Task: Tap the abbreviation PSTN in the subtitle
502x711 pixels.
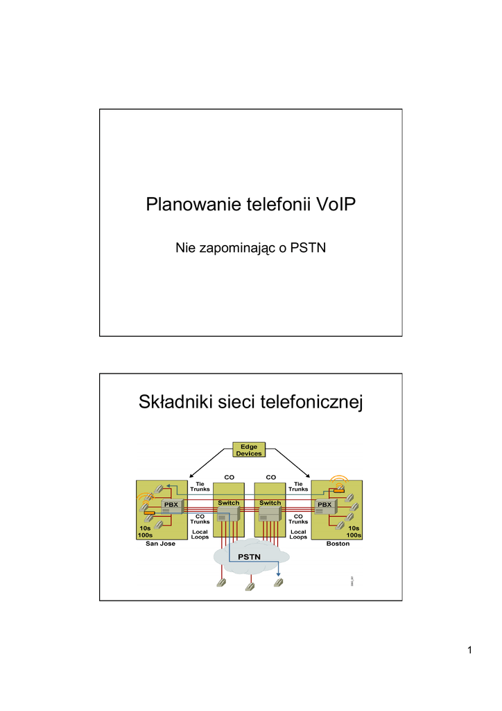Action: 308,247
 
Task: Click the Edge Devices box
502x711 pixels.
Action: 249,450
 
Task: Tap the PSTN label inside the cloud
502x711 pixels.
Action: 250,558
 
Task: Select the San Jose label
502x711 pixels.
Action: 160,544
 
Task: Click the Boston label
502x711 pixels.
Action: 338,544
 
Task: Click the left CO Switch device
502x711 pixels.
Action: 228,512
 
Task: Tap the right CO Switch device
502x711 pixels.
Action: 270,512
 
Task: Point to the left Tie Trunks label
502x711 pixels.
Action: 200,487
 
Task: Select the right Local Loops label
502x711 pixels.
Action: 298,534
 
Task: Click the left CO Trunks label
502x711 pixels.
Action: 200,519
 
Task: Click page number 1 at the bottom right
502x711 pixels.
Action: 469,650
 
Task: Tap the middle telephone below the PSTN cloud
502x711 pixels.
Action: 250,585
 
